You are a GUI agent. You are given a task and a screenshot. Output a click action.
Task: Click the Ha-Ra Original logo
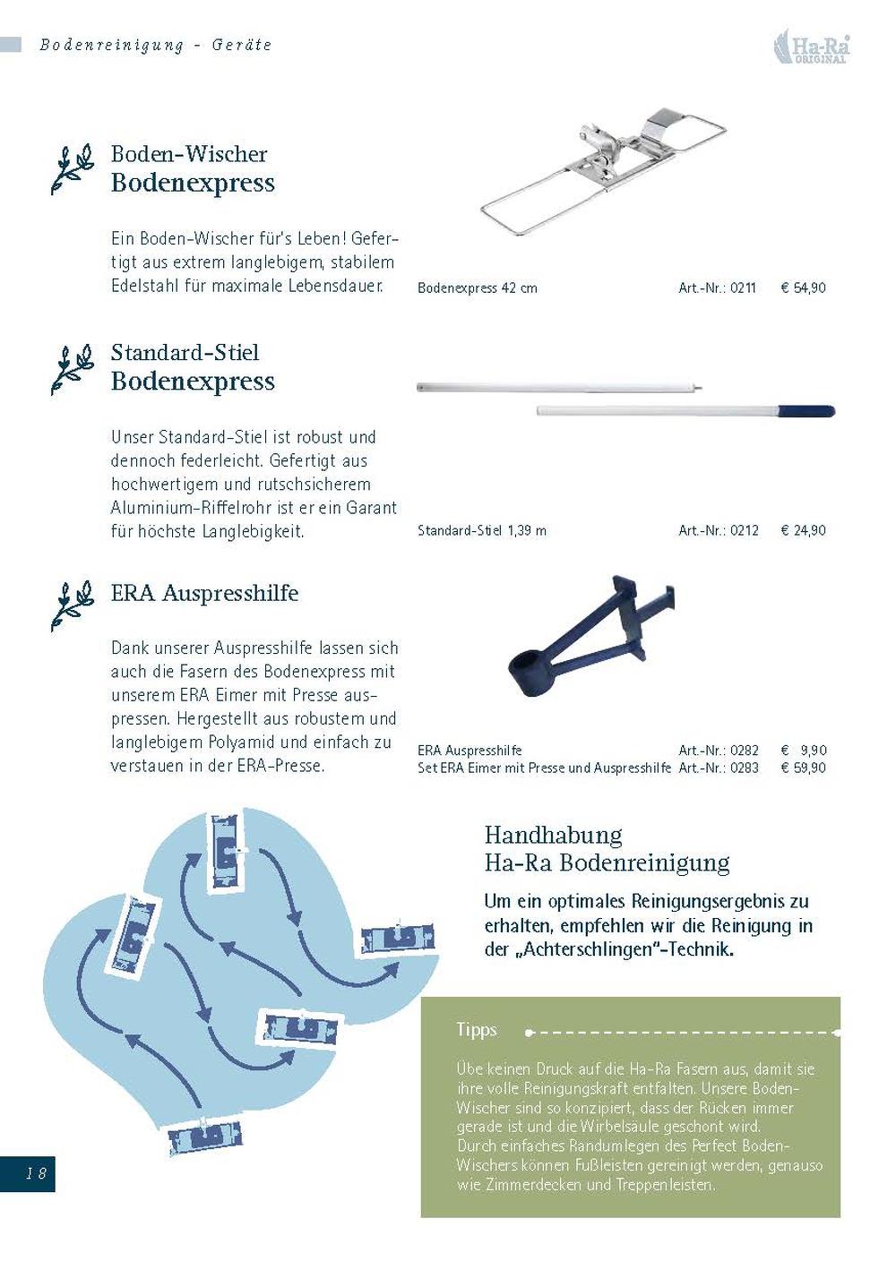[x=811, y=47]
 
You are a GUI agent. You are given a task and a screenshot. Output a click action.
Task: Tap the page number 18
[x=35, y=1172]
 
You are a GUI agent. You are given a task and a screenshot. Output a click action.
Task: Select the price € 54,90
[x=803, y=288]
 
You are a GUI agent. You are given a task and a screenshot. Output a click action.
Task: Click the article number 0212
[x=719, y=530]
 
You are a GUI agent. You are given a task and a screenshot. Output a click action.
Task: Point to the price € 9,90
[x=803, y=751]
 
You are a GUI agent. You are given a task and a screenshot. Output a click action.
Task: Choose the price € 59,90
[x=803, y=768]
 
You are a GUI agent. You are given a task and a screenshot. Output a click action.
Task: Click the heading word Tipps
[x=476, y=1030]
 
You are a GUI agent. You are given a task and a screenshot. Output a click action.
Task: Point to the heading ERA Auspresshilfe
[x=204, y=593]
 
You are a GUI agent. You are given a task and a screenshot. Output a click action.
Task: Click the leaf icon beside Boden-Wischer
[x=72, y=168]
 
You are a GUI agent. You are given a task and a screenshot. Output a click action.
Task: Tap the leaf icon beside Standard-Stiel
[x=72, y=368]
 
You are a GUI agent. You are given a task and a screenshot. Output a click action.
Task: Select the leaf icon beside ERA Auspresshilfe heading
[x=72, y=605]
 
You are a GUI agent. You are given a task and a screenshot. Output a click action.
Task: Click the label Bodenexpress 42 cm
[x=477, y=288]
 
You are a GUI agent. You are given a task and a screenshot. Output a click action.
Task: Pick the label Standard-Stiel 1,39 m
[x=481, y=530]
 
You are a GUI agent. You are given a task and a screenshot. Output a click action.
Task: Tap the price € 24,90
[x=803, y=530]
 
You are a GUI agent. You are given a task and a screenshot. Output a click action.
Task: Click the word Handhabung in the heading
[x=553, y=835]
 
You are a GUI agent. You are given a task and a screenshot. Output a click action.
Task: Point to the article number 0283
[x=719, y=768]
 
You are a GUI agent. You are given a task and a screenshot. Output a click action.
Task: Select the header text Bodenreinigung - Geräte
[x=155, y=45]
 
